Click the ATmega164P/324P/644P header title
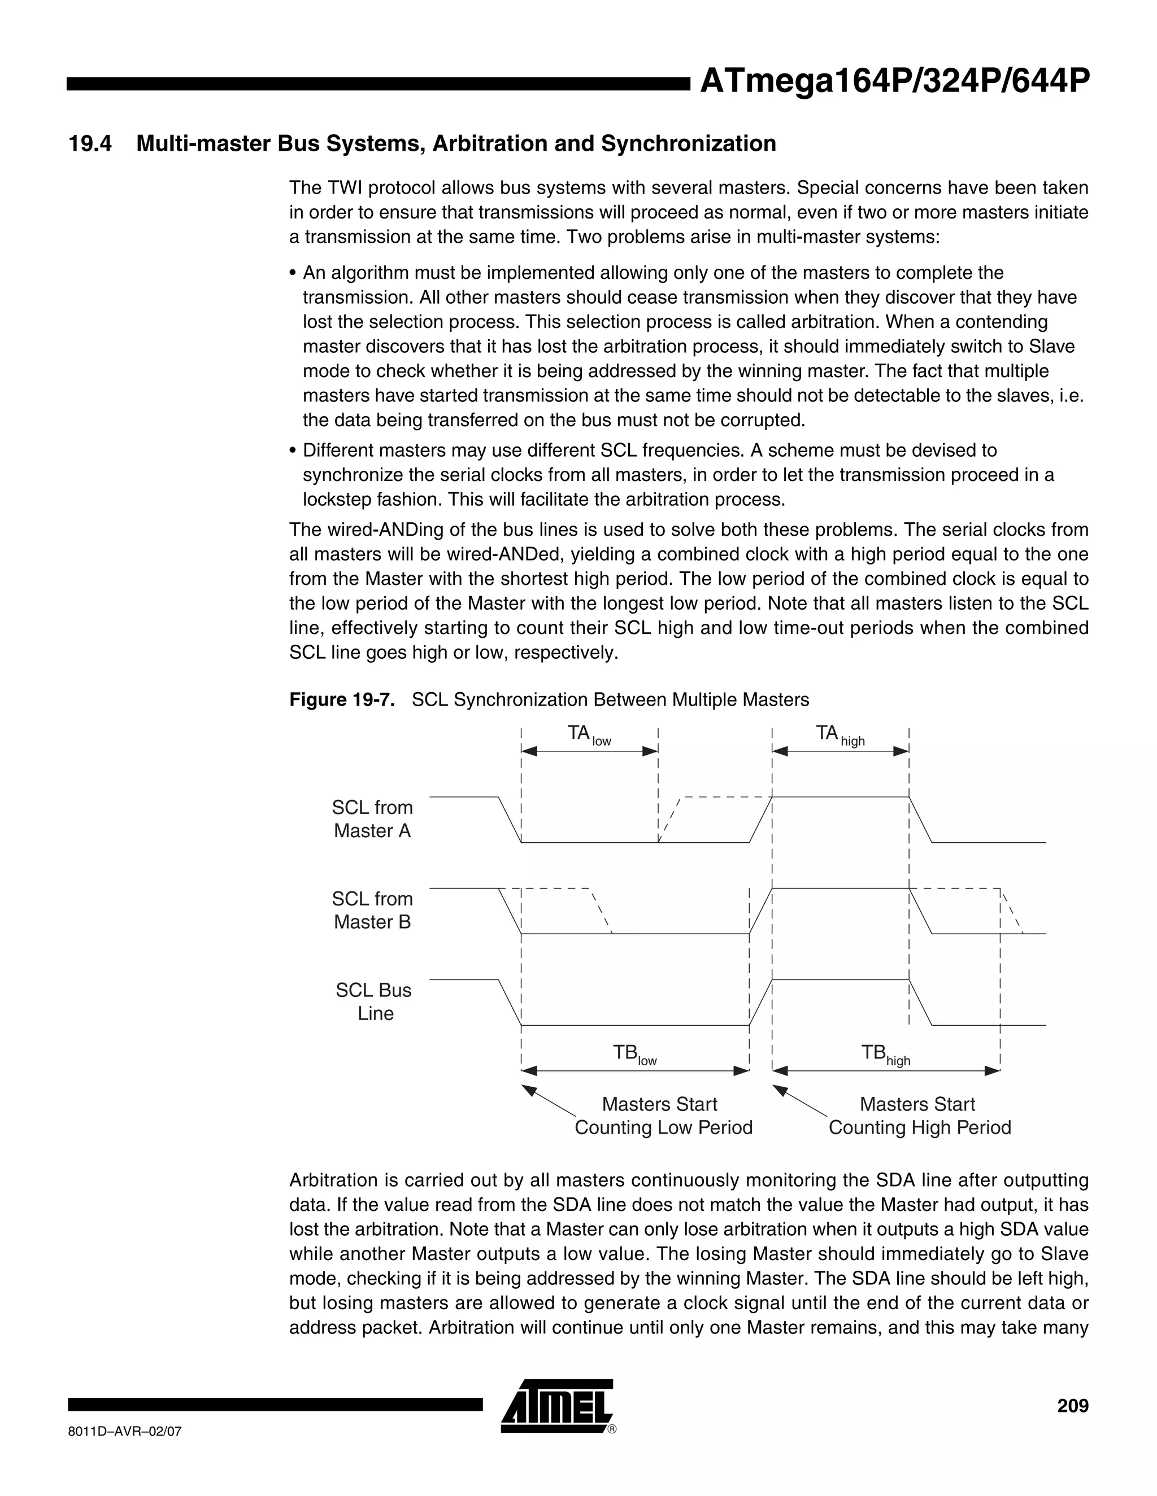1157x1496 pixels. pos(894,82)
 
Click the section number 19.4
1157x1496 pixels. pos(90,144)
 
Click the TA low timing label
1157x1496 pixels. pos(588,735)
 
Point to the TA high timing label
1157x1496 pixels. pos(840,735)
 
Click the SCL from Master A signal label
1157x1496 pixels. pos(372,819)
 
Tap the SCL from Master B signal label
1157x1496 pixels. pos(372,911)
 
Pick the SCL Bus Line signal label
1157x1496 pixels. pos(373,1001)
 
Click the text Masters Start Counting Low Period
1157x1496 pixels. pos(662,1116)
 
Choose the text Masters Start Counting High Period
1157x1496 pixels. pos(919,1116)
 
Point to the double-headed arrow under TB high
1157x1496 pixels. pos(886,1070)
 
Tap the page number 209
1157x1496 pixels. pos(1072,1406)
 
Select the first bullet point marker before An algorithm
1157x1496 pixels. pos(293,273)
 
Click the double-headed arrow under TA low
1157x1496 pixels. pos(589,751)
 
